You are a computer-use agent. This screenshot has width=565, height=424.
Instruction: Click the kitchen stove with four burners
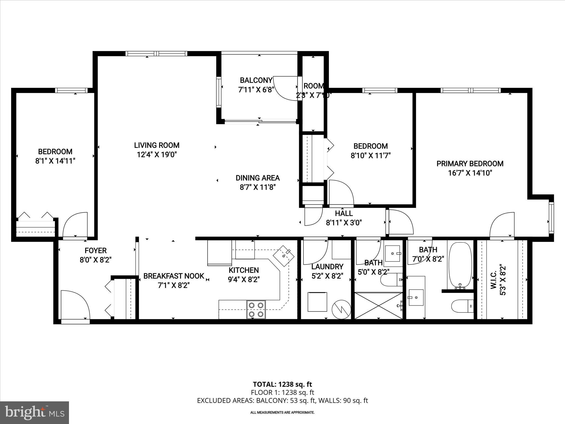pos(256,309)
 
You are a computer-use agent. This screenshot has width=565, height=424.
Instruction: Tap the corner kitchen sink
pos(283,256)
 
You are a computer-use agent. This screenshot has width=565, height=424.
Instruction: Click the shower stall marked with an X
pos(379,306)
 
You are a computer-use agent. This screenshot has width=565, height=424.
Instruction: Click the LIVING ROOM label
pos(157,145)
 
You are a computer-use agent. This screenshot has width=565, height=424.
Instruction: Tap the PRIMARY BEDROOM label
pos(470,164)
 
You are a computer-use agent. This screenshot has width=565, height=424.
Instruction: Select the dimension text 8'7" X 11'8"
pos(258,187)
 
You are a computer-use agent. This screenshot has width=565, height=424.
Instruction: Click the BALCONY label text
pos(256,80)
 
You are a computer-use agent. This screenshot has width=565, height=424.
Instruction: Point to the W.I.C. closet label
pos(494,280)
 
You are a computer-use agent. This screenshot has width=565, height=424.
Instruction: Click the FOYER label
pos(95,250)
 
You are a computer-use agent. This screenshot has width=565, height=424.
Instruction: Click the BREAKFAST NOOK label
pos(174,276)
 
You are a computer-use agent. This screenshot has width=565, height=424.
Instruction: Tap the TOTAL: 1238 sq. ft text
pos(282,384)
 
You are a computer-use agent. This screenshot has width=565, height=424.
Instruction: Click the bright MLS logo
pos(34,412)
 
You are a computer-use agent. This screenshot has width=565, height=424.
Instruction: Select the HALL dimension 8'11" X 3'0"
pos(344,222)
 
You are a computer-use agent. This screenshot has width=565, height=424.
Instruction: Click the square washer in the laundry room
pos(317,302)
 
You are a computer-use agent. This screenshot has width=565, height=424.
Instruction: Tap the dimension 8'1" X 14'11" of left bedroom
pos(55,161)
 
